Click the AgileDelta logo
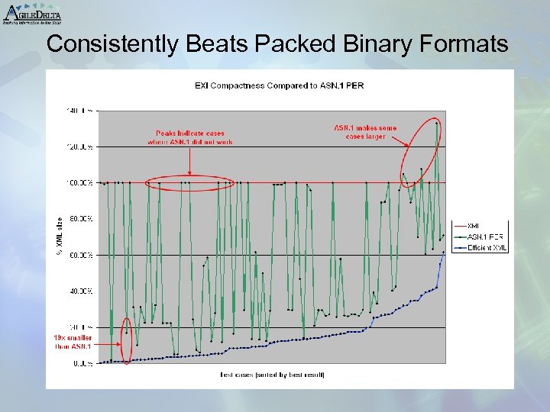[x=32, y=13]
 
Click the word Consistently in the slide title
[x=114, y=44]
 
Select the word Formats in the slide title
[x=461, y=44]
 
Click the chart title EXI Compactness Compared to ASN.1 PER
[x=280, y=85]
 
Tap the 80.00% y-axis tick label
[x=81, y=219]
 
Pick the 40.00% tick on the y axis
[x=81, y=291]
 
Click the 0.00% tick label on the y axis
[x=83, y=364]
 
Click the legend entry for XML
[x=474, y=226]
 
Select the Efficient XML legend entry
[x=487, y=247]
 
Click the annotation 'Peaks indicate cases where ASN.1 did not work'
[x=190, y=137]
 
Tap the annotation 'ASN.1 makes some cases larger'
[x=365, y=132]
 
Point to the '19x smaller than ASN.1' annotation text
[x=73, y=342]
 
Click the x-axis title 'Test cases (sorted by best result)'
[x=272, y=375]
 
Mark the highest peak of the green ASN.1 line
[x=436, y=122]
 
